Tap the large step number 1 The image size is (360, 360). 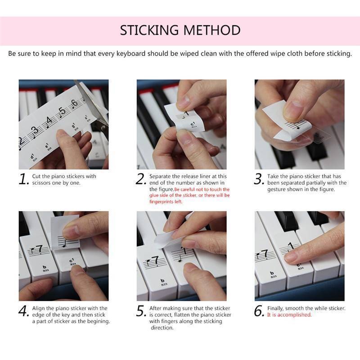pos(23,179)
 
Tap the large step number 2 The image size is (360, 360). pos(141,179)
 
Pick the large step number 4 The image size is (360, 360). pos(23,311)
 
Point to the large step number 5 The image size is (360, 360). pos(141,311)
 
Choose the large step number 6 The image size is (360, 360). pos(259,311)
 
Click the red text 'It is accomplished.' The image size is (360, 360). pos(289,315)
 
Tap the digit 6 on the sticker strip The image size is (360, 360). pos(75,103)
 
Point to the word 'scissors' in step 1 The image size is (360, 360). pos(43,183)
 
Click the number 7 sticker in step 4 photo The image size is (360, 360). pos(38,249)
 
